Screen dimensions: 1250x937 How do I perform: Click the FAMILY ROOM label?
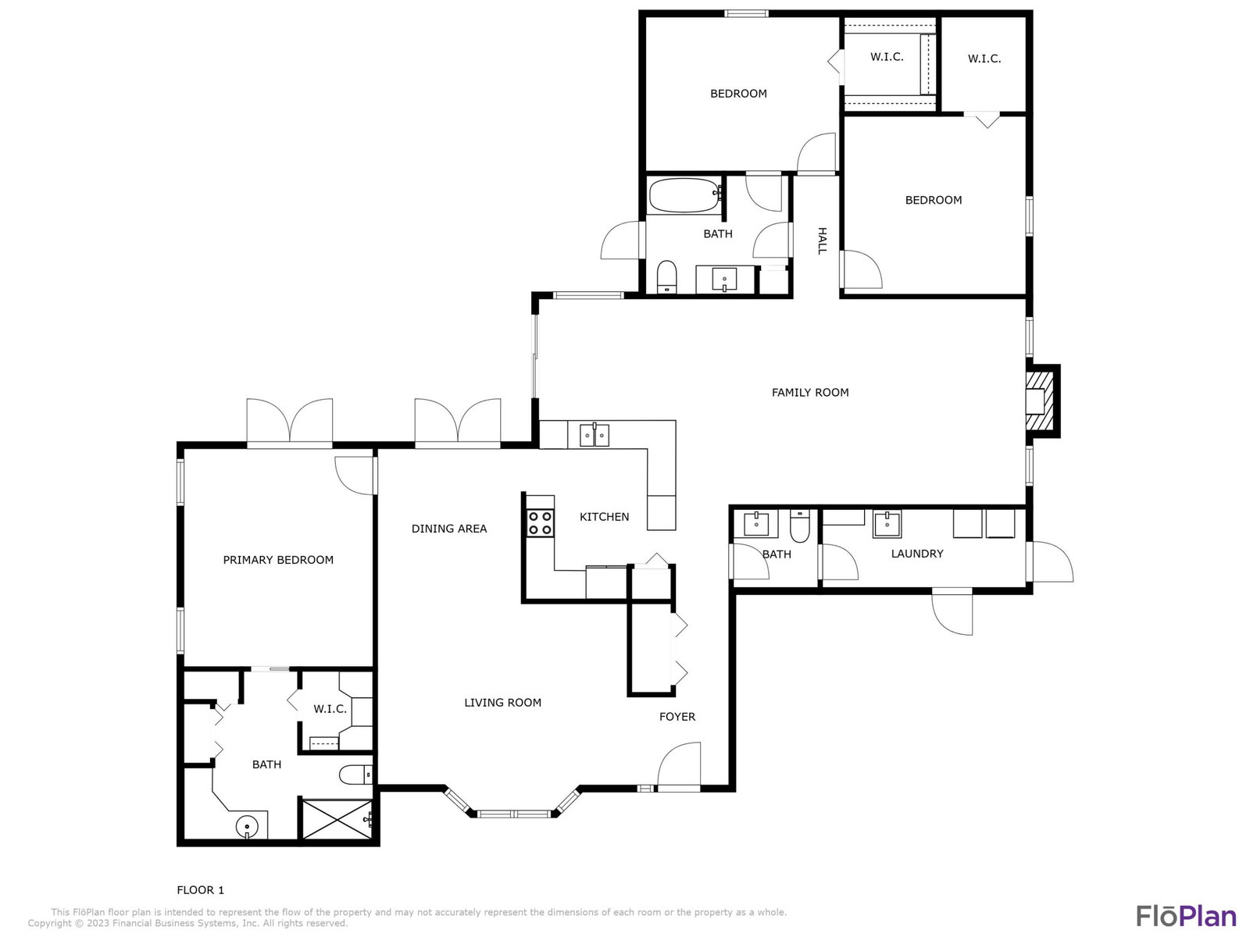810,393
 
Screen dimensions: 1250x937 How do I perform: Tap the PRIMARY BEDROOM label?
278,560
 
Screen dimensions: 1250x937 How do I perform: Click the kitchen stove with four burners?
540,523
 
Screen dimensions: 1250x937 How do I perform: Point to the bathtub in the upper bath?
685,195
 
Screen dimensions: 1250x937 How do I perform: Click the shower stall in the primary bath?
337,819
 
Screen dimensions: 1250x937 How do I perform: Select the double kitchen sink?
594,435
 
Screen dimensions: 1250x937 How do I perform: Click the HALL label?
822,240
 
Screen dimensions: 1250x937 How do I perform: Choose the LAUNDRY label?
917,554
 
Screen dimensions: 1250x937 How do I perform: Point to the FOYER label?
677,717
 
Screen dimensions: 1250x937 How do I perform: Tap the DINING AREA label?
448,529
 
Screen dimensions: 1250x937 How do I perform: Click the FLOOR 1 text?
201,890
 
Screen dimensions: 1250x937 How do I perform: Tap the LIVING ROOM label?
502,703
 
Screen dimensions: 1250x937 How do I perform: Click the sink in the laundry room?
887,524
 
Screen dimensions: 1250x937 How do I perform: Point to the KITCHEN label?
604,517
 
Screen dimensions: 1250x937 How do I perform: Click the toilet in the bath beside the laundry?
800,526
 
